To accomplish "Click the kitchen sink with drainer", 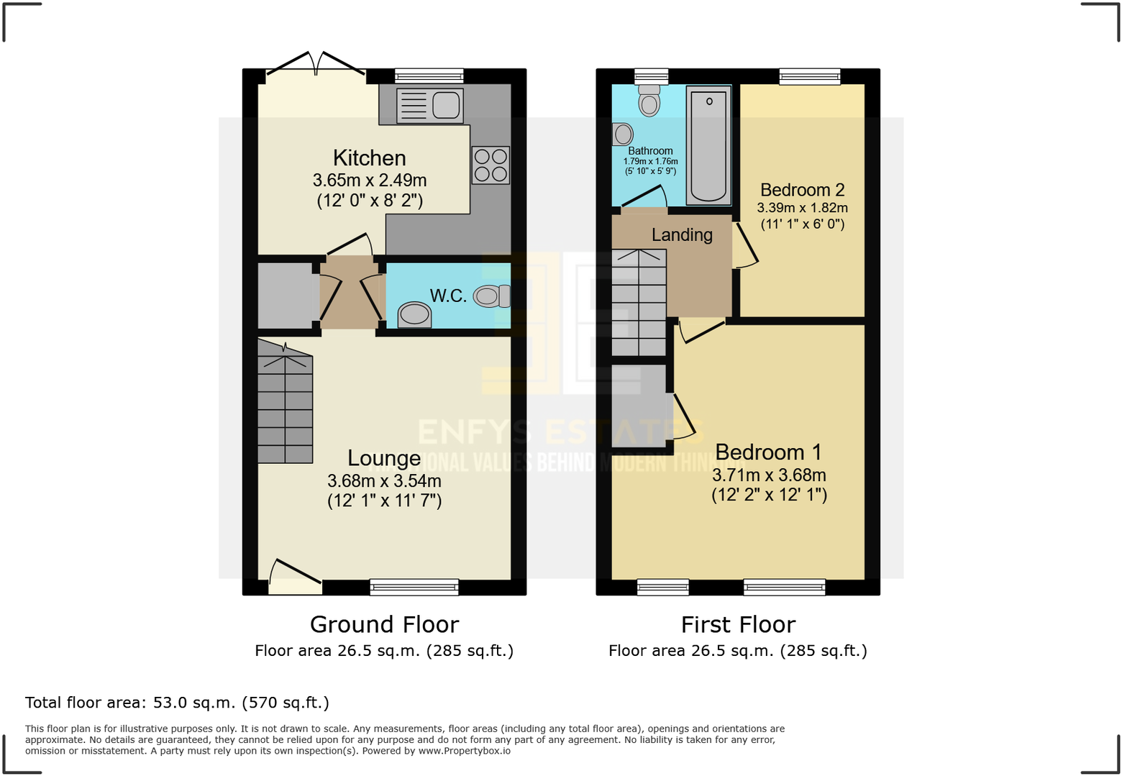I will point(429,106).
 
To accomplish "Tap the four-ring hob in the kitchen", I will point(491,165).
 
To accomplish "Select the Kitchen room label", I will point(369,158).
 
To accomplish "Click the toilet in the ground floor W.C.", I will point(493,296).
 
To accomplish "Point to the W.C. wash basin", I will point(414,314).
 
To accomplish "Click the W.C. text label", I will point(448,296).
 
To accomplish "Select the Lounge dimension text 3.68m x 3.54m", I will point(384,481).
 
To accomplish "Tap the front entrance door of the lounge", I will point(295,578).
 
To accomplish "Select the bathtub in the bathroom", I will point(708,145).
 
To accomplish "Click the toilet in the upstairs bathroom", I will point(649,101).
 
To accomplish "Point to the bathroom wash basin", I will point(623,134).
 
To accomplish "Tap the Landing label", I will point(682,235).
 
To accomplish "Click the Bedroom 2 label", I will point(802,190).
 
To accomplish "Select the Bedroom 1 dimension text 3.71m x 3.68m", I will point(769,475).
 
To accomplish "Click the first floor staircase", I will point(639,302).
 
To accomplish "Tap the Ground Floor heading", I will point(384,624).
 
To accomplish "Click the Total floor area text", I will point(177,703).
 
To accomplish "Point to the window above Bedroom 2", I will point(809,76).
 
